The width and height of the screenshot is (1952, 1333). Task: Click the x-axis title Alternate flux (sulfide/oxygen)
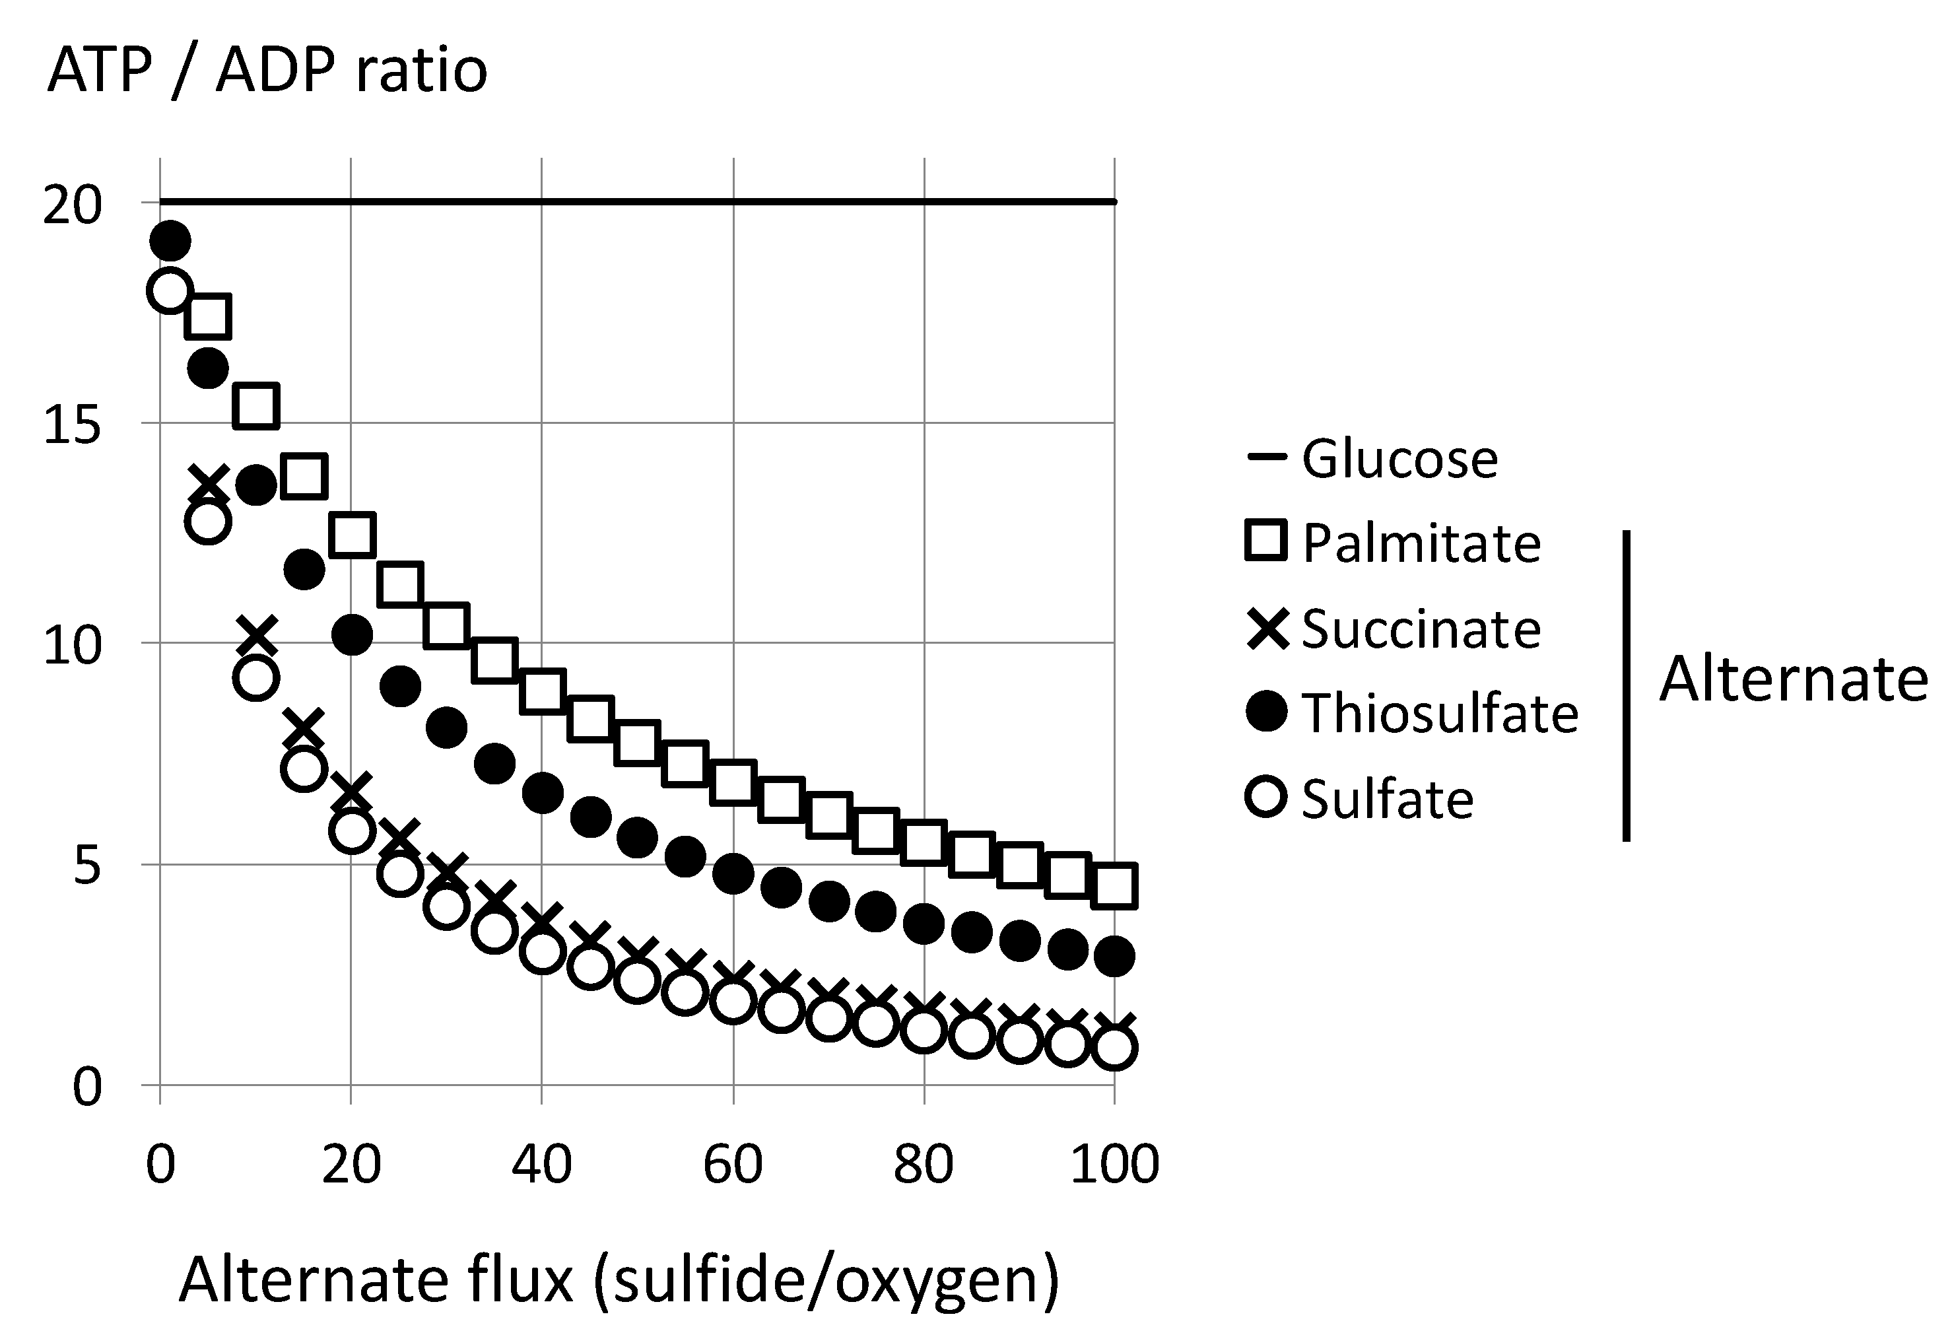(x=619, y=1280)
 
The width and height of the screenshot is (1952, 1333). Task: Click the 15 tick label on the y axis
(x=71, y=424)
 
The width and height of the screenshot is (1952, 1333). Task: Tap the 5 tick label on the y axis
(x=86, y=865)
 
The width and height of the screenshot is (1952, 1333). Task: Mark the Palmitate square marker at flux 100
(x=1114, y=885)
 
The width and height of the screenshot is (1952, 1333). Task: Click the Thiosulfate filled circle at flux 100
(x=1114, y=956)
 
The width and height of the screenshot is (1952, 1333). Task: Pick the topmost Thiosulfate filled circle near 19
(x=170, y=242)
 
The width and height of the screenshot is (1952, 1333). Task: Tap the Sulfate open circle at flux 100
(x=1114, y=1047)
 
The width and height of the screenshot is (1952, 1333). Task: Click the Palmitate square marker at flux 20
(x=352, y=534)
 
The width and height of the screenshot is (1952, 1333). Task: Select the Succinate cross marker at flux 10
(x=256, y=636)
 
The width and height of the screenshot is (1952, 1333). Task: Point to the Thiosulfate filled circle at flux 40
(x=543, y=793)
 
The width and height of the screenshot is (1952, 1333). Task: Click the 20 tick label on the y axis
(x=71, y=204)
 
